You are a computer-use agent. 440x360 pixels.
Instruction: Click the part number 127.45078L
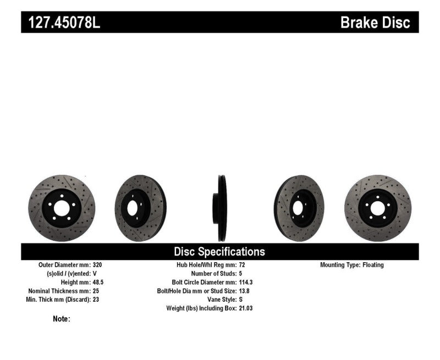coord(61,23)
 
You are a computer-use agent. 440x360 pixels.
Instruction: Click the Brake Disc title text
coord(375,23)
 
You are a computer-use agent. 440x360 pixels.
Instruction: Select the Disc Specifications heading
coord(219,252)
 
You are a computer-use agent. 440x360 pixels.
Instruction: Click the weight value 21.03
coord(246,308)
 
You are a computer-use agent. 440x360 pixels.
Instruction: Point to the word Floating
coord(373,265)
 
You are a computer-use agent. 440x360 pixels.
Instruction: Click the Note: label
coord(61,319)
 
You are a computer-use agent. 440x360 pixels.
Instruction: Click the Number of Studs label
coord(213,273)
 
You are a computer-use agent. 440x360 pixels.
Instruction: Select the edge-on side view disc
coord(219,208)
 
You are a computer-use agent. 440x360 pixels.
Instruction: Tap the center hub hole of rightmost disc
coord(377,208)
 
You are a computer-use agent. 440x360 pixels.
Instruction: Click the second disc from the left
coord(140,208)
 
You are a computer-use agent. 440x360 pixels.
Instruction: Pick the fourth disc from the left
coord(298,208)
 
